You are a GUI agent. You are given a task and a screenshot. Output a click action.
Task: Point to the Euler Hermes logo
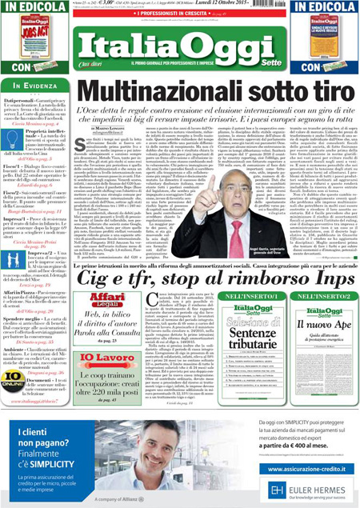(312, 490)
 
